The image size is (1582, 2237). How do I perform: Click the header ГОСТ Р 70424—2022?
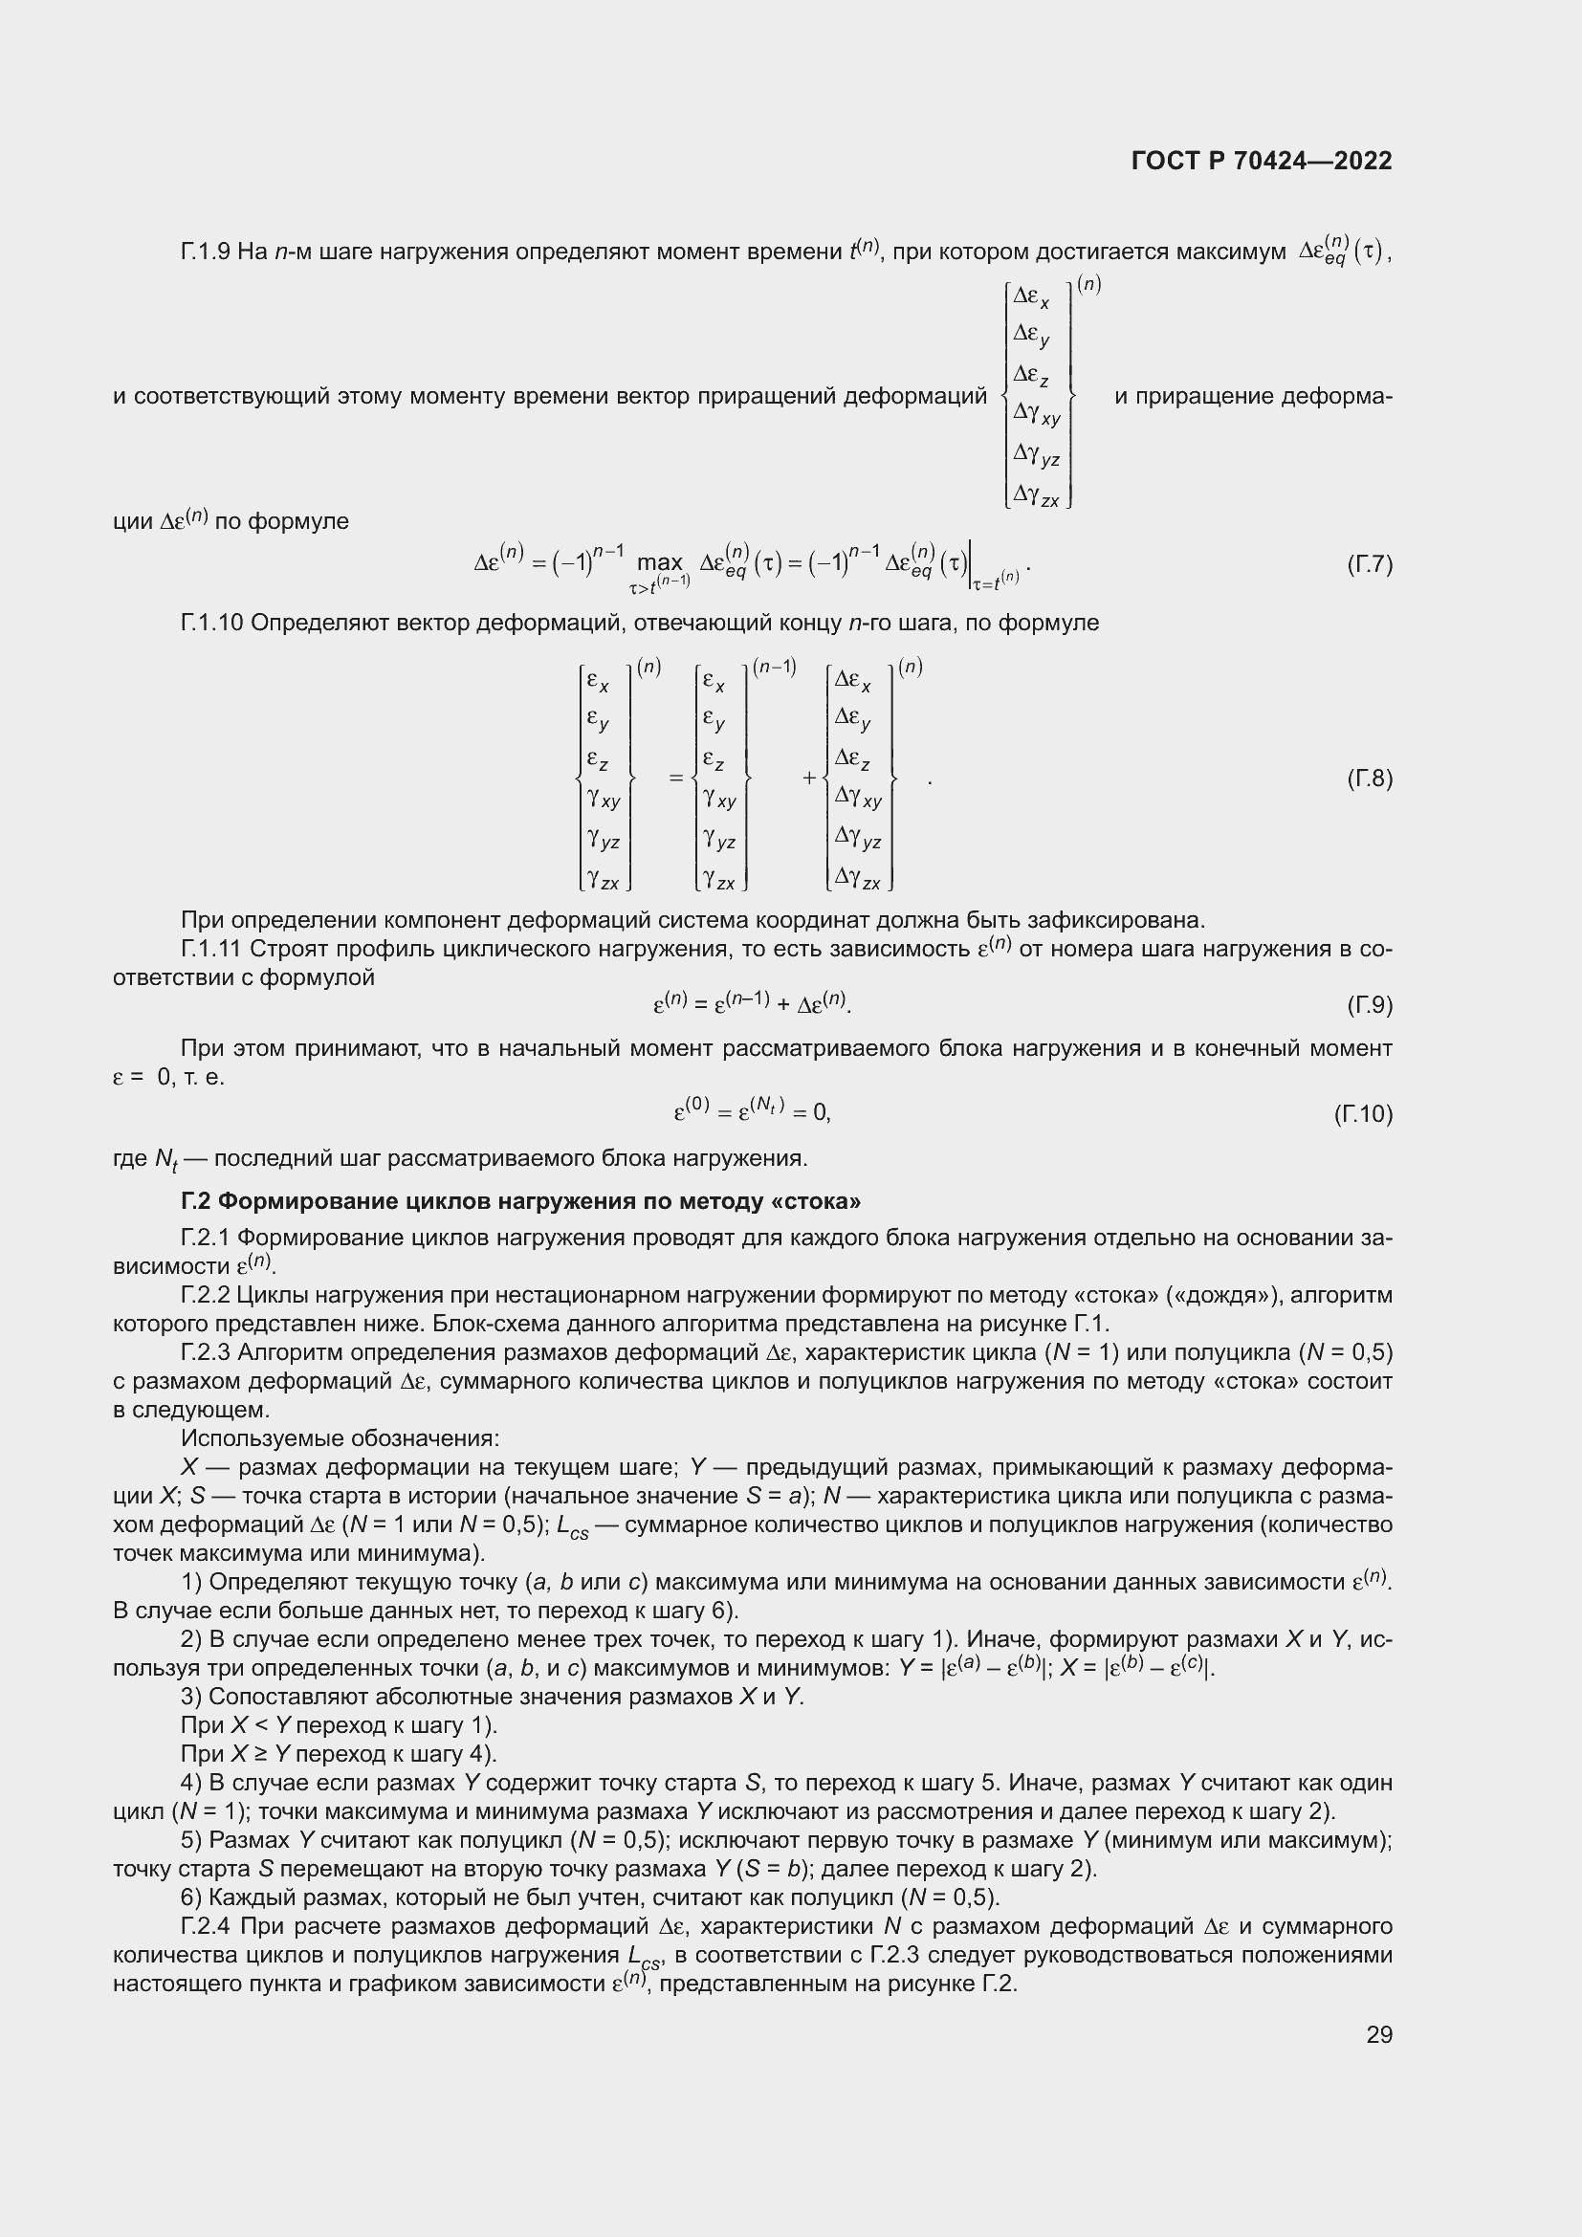[1262, 161]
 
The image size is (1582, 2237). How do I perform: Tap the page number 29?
[1378, 2034]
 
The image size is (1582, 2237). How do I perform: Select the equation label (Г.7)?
[1369, 564]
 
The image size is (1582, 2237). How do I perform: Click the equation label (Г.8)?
[1369, 779]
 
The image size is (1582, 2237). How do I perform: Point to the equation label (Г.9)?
[1369, 1005]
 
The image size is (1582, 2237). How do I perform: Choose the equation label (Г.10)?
[1363, 1113]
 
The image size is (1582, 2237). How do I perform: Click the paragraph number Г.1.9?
[205, 252]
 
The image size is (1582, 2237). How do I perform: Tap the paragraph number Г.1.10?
[211, 623]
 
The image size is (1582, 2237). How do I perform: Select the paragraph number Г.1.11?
[211, 949]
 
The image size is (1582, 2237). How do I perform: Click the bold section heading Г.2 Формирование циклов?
[520, 1201]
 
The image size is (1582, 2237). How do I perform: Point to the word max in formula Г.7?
[660, 563]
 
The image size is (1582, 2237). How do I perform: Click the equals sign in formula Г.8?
[675, 779]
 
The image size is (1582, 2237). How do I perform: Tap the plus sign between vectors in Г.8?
[808, 779]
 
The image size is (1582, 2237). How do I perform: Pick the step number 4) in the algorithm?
[191, 1783]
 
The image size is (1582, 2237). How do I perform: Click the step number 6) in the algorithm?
[191, 1897]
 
